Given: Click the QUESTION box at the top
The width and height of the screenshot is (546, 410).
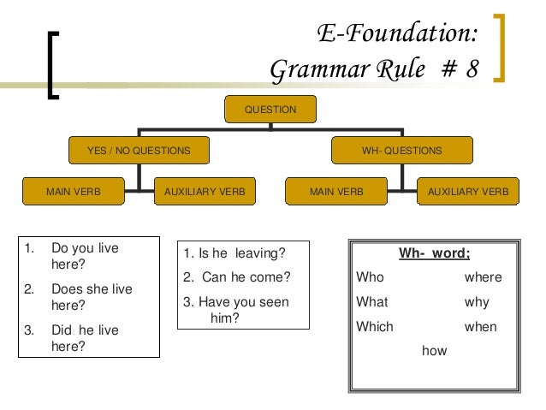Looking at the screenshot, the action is point(270,110).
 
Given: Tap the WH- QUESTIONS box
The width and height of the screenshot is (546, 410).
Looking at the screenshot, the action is point(401,152).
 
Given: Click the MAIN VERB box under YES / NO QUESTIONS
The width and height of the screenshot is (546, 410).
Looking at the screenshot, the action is point(73,193).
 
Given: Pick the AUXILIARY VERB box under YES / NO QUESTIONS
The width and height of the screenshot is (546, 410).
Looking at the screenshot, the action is point(205,193).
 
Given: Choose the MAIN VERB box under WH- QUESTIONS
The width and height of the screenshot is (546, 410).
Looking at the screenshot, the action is point(336,193).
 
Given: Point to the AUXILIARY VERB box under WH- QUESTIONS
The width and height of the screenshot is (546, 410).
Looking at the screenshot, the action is point(467,193).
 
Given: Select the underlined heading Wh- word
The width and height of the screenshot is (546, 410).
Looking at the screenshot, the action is point(434,253).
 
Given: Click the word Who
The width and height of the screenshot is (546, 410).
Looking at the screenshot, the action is point(370,277).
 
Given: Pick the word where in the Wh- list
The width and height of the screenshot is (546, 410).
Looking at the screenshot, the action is point(483,277).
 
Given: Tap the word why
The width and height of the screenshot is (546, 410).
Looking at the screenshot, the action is point(477,302).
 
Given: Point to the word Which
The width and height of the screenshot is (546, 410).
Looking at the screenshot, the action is point(374,326).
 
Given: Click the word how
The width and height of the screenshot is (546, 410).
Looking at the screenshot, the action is point(434,350).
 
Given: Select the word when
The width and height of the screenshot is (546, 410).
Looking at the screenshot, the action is point(479,326).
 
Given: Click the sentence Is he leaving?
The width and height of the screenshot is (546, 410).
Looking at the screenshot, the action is point(234,253).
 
